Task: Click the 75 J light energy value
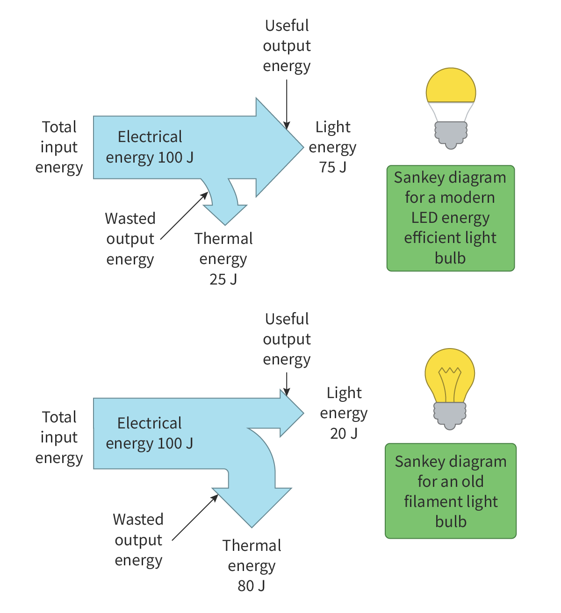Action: (333, 167)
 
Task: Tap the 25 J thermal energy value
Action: (223, 279)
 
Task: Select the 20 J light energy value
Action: (344, 434)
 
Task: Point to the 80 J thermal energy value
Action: (251, 586)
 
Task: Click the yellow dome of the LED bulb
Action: (451, 86)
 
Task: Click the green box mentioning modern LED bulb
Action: (450, 218)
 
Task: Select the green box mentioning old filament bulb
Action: (451, 491)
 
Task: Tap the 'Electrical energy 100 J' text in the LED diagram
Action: (150, 147)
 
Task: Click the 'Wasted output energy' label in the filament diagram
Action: (138, 540)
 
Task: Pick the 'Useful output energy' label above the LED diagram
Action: (287, 46)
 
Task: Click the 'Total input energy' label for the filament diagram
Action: (59, 437)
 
